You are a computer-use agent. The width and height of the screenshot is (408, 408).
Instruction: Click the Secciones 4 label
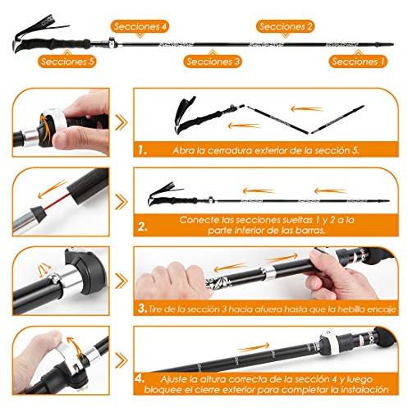click(140, 27)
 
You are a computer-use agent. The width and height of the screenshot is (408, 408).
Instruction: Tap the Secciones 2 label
click(286, 27)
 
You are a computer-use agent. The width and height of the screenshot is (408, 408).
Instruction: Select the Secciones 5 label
click(67, 62)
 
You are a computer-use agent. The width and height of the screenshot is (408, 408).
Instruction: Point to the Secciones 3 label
click(213, 62)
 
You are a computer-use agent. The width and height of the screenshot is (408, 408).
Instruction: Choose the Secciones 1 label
click(358, 62)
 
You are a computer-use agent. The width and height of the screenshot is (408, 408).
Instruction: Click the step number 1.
click(142, 150)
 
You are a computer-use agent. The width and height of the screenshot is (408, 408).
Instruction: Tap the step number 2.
click(143, 227)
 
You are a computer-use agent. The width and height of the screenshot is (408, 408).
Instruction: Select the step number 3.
click(143, 309)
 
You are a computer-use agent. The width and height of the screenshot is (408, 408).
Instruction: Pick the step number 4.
click(140, 379)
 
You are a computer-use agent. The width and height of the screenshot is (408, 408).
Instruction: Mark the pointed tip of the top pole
click(393, 44)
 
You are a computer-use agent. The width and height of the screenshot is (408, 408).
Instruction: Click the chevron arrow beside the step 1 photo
click(121, 122)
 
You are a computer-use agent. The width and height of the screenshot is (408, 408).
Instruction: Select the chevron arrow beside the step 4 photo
click(121, 360)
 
